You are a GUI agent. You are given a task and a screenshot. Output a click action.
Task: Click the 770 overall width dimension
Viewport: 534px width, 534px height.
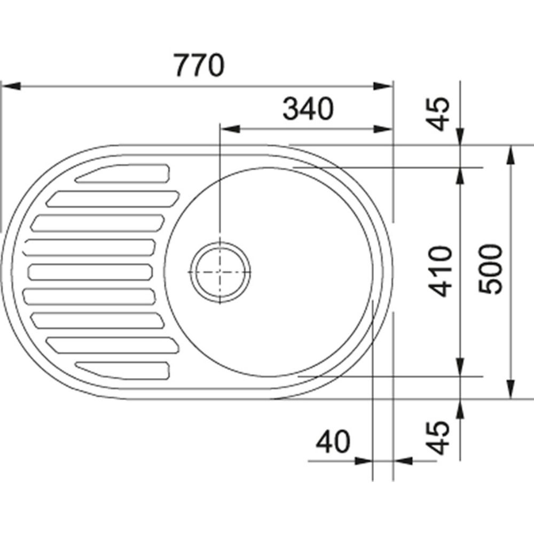point(200,65)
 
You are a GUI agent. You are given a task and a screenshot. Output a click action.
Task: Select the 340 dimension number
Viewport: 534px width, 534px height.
point(308,108)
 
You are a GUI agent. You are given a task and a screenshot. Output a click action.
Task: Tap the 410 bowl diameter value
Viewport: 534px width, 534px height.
point(441,271)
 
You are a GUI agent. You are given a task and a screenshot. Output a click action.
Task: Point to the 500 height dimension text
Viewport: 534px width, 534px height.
point(490,269)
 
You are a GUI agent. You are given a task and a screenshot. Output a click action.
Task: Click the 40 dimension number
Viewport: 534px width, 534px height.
point(333,442)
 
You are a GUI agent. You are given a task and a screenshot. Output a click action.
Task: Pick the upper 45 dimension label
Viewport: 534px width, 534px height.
point(438,114)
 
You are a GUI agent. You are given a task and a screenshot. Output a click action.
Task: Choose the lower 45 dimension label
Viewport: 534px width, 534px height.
point(438,438)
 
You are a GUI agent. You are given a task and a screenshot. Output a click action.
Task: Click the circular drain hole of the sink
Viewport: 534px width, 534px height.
point(220,272)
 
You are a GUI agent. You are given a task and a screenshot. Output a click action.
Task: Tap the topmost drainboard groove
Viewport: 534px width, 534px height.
point(122,174)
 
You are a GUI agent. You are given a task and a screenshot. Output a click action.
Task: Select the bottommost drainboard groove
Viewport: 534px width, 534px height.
point(122,370)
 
